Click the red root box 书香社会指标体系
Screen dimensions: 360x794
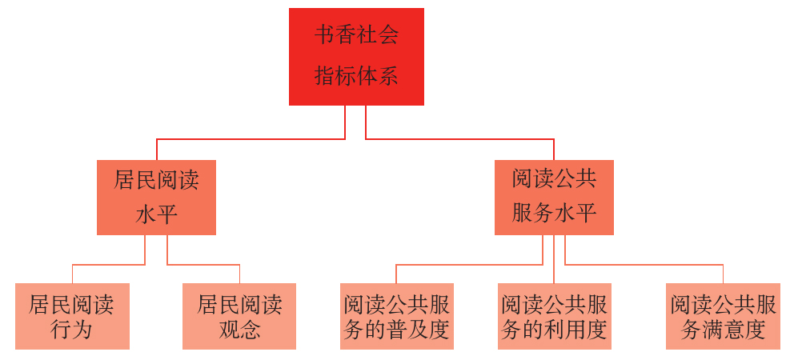[x=356, y=56]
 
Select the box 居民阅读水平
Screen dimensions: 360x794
[x=156, y=197]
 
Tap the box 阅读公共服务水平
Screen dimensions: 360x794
[x=554, y=197]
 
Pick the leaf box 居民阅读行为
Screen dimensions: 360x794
[x=72, y=316]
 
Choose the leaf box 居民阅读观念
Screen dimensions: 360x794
[x=239, y=316]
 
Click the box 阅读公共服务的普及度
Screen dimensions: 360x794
[x=396, y=316]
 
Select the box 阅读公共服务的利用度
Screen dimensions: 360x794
[x=554, y=316]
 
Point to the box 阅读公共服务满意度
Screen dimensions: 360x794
[x=723, y=316]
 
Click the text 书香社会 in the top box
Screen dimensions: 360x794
[x=356, y=36]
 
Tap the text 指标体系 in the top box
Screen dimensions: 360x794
[x=356, y=77]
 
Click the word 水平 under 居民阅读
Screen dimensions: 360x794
[x=156, y=214]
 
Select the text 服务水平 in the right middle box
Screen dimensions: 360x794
[x=554, y=214]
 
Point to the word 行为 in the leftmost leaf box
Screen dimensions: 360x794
[x=72, y=329]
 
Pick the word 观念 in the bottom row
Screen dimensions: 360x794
[x=239, y=329]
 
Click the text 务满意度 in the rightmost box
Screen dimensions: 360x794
[x=723, y=329]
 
